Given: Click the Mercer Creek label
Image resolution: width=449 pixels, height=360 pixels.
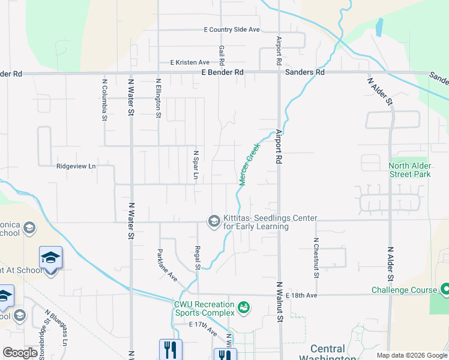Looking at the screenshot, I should click(x=250, y=164).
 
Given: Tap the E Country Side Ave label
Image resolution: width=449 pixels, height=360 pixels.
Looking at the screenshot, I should click(x=231, y=29).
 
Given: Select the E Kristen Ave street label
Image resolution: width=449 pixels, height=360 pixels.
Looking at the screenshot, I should click(x=190, y=62).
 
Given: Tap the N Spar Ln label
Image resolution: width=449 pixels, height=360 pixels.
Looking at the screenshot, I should click(x=196, y=164).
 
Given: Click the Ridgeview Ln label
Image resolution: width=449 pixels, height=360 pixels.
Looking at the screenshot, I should click(x=76, y=167).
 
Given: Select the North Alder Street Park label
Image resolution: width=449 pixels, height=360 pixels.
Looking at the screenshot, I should click(x=410, y=170).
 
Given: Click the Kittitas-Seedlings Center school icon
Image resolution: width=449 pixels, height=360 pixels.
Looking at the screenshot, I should click(x=213, y=221).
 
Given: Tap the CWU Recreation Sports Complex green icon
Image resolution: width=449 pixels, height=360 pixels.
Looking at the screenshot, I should click(x=243, y=307).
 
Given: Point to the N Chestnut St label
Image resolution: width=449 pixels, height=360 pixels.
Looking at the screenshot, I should click(x=315, y=258).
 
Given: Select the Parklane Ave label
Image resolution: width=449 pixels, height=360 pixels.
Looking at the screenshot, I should click(x=168, y=265).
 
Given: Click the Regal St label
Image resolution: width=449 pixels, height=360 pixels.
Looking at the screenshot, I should click(x=197, y=256).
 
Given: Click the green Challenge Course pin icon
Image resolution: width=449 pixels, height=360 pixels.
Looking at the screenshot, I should click(x=445, y=290).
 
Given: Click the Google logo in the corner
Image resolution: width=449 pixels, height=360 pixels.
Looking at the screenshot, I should click(x=20, y=353).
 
